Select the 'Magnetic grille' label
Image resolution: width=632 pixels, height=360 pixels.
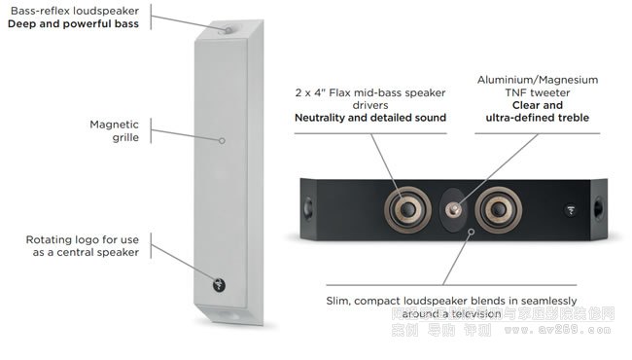pyautogui.click(x=114, y=130)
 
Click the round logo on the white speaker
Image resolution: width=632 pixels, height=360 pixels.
pyautogui.click(x=220, y=285)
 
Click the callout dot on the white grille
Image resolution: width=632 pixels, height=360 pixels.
pyautogui.click(x=222, y=140)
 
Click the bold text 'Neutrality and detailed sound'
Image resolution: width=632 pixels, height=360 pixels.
pyautogui.click(x=370, y=118)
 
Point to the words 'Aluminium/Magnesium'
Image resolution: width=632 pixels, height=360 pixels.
pyautogui.click(x=537, y=79)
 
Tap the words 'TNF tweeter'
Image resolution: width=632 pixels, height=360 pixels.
pyautogui.click(x=537, y=92)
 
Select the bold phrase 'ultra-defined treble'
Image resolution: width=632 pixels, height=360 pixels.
pyautogui.click(x=537, y=119)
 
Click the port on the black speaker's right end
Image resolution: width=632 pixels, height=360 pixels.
pyautogui.click(x=597, y=207)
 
